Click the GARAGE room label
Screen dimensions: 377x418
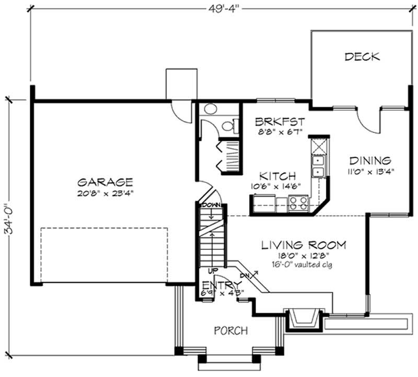pyautogui.click(x=104, y=182)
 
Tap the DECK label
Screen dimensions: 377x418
pyautogui.click(x=362, y=57)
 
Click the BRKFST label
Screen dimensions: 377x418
pyautogui.click(x=280, y=121)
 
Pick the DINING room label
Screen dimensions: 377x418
pyautogui.click(x=370, y=161)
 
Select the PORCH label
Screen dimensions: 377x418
pyautogui.click(x=231, y=330)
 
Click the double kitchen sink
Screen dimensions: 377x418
pyautogui.click(x=317, y=166)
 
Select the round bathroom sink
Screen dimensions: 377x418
pyautogui.click(x=211, y=110)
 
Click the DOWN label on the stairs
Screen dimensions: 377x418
pyautogui.click(x=211, y=205)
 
